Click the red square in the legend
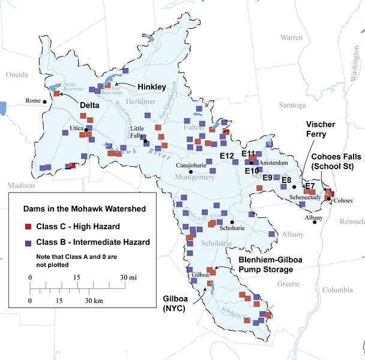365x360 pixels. tap(28, 227)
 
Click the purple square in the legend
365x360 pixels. tap(28, 242)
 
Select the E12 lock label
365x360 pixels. tap(227, 156)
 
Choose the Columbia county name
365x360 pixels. tap(337, 290)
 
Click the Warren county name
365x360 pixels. tap(291, 37)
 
